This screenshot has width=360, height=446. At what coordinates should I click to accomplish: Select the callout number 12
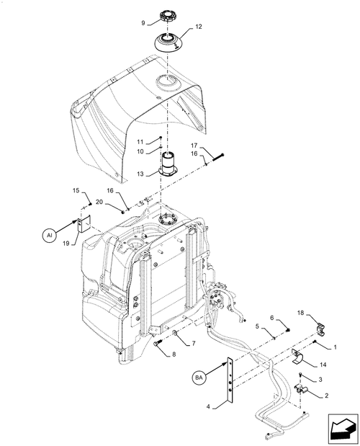[x=197, y=27]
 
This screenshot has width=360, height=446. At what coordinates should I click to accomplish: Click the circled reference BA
[x=200, y=375]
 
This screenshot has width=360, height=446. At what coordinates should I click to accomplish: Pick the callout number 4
[x=209, y=406]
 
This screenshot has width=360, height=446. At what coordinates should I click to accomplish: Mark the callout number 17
[x=194, y=145]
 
